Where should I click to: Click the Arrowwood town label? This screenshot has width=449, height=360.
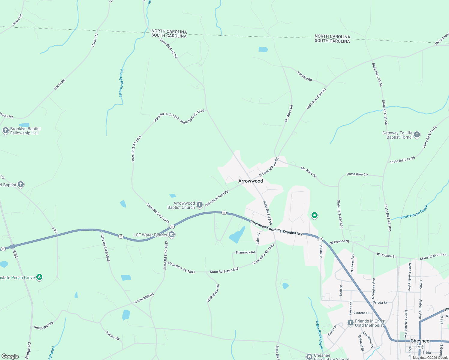click(x=250, y=181)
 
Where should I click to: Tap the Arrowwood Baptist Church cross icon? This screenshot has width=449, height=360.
click(x=200, y=205)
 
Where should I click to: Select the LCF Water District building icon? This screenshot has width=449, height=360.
click(x=172, y=235)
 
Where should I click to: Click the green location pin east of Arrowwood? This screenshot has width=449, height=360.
click(x=314, y=215)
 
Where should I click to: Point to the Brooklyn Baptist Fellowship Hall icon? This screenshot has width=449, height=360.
click(x=5, y=130)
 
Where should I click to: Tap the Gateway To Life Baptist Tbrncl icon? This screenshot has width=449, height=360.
click(x=417, y=135)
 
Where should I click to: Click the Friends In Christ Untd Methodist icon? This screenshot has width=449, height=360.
click(x=350, y=323)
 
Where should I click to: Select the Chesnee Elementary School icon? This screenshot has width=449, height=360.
click(x=309, y=357)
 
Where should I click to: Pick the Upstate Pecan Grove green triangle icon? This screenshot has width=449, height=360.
click(x=39, y=277)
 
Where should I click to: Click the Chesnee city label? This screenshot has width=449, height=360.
click(x=420, y=341)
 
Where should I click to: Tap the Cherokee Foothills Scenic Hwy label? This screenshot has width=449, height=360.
click(x=276, y=228)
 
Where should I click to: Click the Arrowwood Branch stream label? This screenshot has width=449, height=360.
click(x=121, y=83)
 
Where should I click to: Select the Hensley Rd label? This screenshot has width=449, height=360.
click(x=305, y=76)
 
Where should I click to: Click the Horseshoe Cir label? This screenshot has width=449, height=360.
click(x=357, y=174)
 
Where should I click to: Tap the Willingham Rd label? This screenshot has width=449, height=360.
click(x=213, y=293)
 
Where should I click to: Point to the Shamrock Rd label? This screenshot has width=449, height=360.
click(x=245, y=252)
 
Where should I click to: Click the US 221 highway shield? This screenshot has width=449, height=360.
click(x=420, y=347)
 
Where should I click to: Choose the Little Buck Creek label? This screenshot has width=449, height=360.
click(x=319, y=335)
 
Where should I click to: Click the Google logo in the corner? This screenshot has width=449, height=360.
click(x=10, y=356)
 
